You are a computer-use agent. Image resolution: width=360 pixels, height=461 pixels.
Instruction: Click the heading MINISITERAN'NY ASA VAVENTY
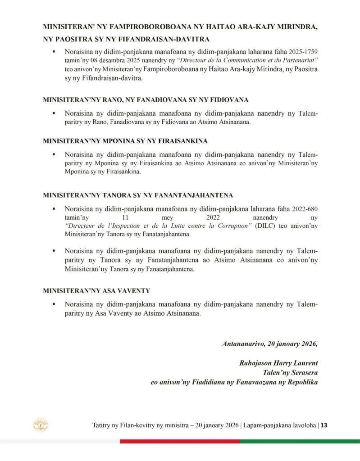pyautogui.click(x=96, y=291)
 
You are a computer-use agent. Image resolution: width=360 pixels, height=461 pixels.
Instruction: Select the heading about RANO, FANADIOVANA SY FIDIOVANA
pyautogui.click(x=146, y=99)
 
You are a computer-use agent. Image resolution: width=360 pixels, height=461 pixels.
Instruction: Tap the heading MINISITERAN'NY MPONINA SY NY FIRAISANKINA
pyautogui.click(x=125, y=140)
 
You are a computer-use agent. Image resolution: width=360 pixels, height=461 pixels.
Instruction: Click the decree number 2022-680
pyautogui.click(x=302, y=209)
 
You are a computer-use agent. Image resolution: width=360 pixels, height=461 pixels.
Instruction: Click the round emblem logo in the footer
pyautogui.click(x=41, y=425)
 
